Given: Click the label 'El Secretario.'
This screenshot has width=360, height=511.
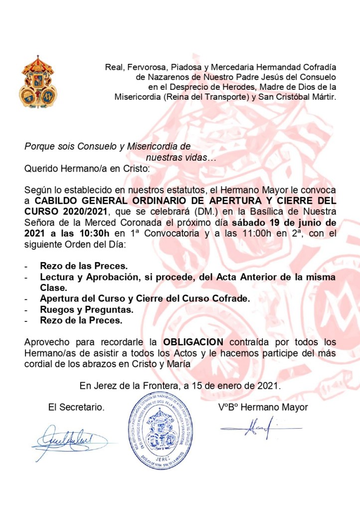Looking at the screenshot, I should (76, 407).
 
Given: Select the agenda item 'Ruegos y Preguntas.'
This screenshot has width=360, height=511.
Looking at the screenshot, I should (87, 309).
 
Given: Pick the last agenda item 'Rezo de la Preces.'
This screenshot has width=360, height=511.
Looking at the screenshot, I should (81, 320).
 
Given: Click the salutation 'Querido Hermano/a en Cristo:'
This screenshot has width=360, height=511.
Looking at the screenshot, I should (87, 168).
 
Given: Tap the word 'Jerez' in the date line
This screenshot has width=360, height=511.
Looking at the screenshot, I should (103, 386).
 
